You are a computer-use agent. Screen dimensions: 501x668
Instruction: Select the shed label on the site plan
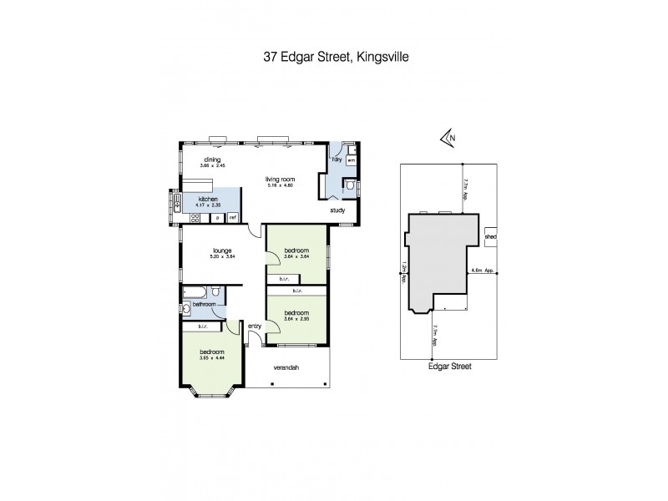click(x=490, y=236)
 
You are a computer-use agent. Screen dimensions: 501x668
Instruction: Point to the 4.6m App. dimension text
click(x=484, y=271)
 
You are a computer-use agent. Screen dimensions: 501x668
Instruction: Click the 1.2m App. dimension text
click(x=403, y=272)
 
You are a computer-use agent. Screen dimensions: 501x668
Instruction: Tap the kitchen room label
click(x=208, y=200)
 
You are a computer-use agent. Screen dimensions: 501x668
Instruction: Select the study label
click(x=337, y=210)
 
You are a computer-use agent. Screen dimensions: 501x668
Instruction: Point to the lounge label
click(x=221, y=250)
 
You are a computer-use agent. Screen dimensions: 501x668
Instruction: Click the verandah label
click(x=286, y=367)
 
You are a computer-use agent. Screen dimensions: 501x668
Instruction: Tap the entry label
click(x=255, y=326)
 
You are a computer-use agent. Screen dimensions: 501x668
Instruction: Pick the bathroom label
click(x=205, y=305)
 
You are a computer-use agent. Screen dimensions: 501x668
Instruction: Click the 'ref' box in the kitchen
click(x=233, y=217)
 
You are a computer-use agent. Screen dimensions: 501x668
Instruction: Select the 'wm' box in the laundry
click(x=352, y=159)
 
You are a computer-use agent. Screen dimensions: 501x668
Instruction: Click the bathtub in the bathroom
click(x=195, y=291)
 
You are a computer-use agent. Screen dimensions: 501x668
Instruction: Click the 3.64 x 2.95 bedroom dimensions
click(x=296, y=318)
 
